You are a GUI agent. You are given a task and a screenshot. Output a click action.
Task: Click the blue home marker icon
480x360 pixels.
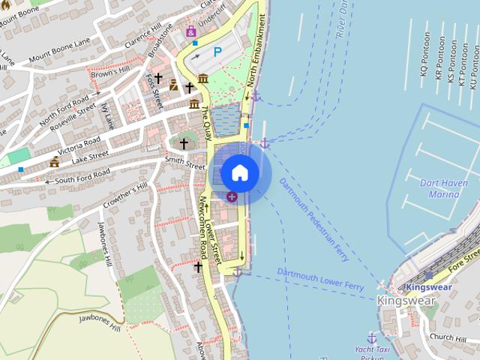239,172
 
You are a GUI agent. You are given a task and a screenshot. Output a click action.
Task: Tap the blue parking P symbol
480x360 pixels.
218,52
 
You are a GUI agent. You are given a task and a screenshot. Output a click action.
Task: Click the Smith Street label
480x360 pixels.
184,161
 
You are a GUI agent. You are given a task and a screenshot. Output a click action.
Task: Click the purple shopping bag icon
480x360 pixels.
190,31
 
